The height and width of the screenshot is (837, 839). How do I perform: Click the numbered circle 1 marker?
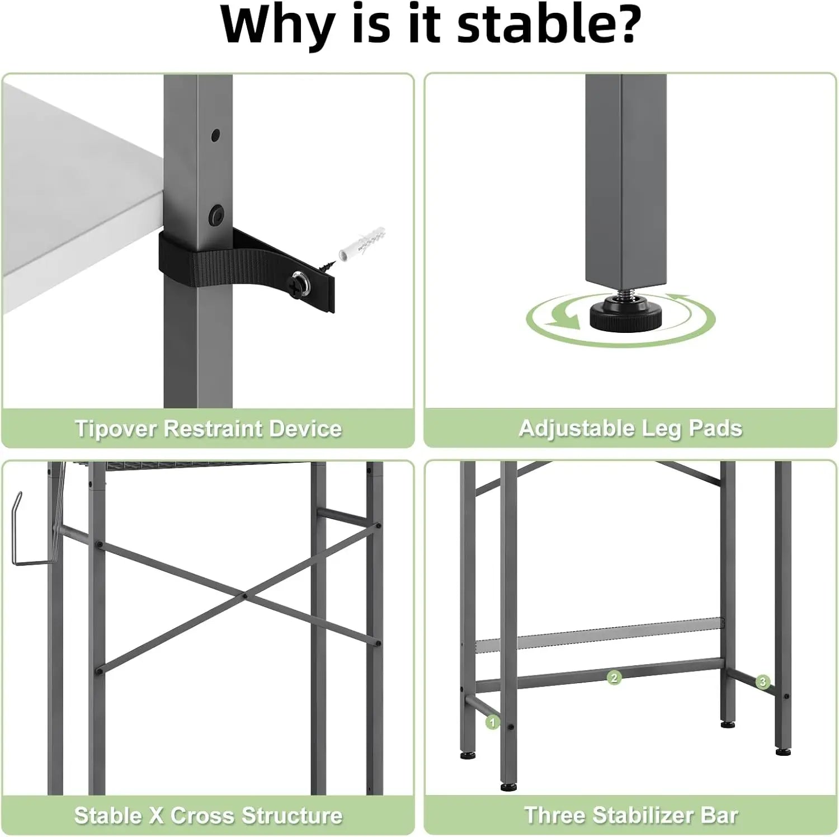pos(492,723)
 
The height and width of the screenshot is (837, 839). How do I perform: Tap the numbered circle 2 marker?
pos(614,678)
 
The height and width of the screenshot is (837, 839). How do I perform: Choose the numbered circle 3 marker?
pos(762,681)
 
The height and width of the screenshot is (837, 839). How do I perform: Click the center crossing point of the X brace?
pos(245,596)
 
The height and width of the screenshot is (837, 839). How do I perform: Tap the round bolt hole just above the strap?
pos(215,213)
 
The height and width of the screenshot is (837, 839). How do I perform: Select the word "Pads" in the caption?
pos(715,429)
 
